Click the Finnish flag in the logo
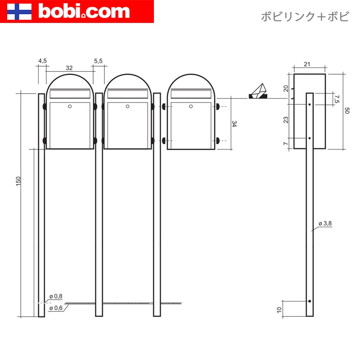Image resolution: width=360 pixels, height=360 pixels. (x=19, y=12)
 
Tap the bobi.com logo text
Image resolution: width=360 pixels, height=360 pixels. (x=84, y=11)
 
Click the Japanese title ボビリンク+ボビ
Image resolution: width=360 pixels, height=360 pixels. (x=305, y=17)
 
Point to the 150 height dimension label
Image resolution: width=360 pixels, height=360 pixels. (x=18, y=181)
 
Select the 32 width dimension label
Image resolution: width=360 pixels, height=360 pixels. (x=69, y=68)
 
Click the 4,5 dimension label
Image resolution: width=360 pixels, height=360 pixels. (x=42, y=61)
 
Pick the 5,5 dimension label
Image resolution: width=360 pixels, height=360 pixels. (x=98, y=61)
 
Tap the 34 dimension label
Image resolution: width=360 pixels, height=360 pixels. (x=234, y=124)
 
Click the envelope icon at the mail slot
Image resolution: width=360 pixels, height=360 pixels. (x=258, y=91)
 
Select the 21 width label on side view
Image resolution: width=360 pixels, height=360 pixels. (x=307, y=64)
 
